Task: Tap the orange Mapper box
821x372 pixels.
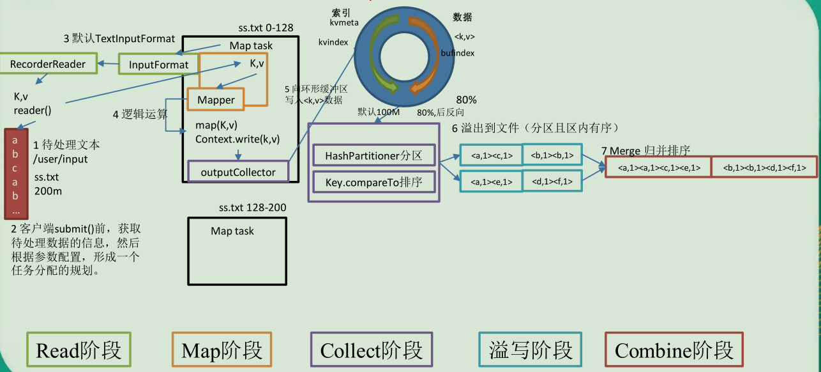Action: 216,100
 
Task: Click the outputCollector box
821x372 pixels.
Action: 238,172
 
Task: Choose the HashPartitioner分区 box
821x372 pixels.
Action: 373,156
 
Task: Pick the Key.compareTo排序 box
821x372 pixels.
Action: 373,183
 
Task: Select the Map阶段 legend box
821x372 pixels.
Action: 222,350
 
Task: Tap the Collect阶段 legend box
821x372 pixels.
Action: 371,350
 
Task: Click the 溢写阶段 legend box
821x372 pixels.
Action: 530,350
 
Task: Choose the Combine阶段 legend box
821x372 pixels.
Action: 674,350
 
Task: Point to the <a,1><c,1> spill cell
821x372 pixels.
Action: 490,155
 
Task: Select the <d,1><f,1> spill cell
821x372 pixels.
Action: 552,182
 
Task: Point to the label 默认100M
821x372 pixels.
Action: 379,112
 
